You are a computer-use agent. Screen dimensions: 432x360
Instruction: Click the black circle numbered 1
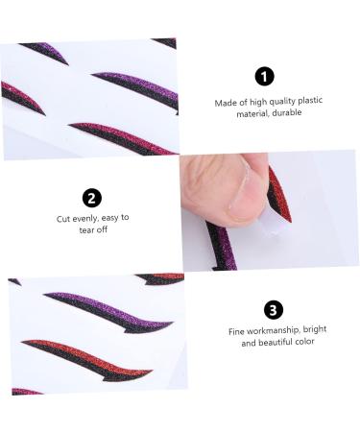coord(264,77)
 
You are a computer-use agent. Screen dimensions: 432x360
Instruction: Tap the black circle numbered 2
coord(92,198)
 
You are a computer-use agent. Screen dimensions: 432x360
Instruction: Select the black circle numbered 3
coord(274,309)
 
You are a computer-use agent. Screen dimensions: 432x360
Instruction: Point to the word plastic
coord(297,101)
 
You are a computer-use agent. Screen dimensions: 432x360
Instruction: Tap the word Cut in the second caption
coord(63,218)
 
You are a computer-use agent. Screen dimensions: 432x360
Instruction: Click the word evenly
coord(85,218)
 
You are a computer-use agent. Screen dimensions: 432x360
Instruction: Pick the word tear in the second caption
coord(82,229)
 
